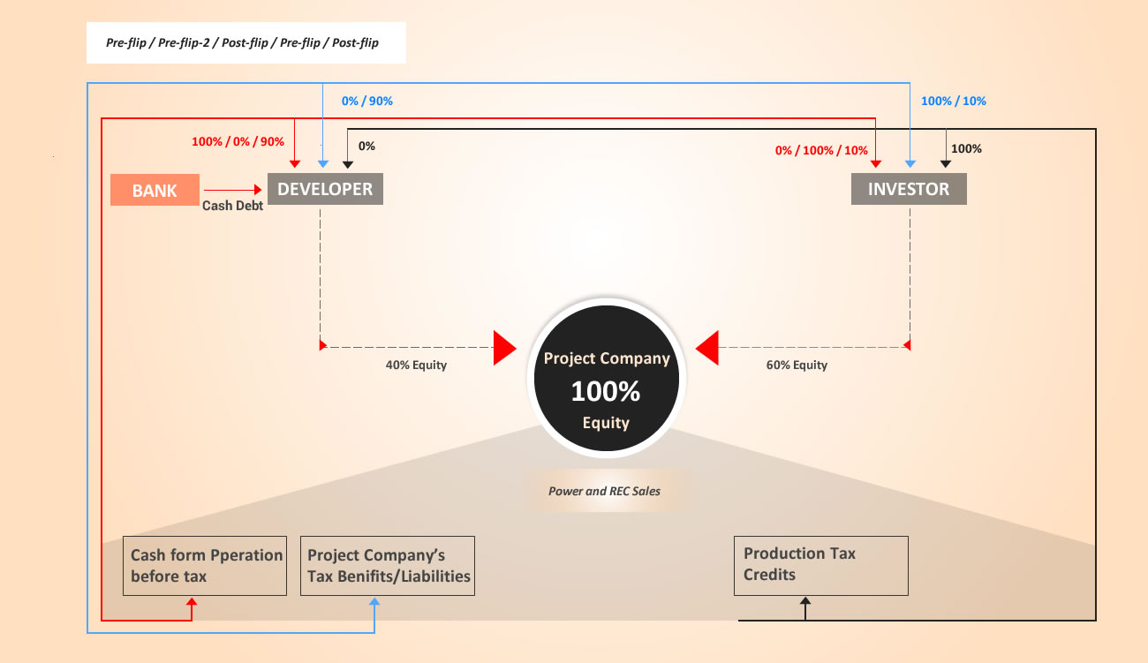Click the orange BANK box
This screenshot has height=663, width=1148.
(x=155, y=190)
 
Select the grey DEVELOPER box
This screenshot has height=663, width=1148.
(x=325, y=189)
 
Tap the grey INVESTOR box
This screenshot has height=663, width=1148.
(x=909, y=189)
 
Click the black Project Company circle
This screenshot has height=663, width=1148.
(x=607, y=379)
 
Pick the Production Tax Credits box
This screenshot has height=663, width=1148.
(x=821, y=566)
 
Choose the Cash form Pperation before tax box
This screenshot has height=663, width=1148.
(x=205, y=566)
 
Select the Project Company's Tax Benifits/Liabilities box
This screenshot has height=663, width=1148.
(x=388, y=566)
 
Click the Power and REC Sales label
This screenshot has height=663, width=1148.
(x=604, y=491)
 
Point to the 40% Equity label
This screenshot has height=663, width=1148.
(x=416, y=365)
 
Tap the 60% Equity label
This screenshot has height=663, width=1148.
(x=797, y=365)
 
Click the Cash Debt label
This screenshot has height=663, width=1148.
(x=232, y=206)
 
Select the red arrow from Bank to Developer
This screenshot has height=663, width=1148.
(x=232, y=190)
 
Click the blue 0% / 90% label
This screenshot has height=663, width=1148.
(x=367, y=101)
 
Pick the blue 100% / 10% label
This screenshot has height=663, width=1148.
(x=953, y=101)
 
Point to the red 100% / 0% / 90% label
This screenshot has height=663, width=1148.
(x=238, y=141)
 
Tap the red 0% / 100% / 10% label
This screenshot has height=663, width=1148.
(x=821, y=150)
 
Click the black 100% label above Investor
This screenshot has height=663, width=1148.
(x=966, y=148)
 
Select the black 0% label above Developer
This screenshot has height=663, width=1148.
(x=366, y=146)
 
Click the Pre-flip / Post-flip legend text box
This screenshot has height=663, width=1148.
(x=246, y=42)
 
